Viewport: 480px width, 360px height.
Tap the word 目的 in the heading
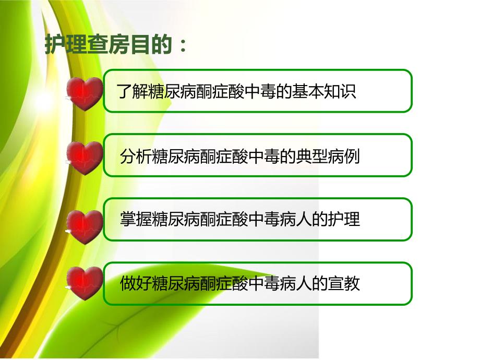click(x=152, y=46)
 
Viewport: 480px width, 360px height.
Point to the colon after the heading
click(x=182, y=47)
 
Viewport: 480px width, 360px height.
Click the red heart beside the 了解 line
click(x=85, y=93)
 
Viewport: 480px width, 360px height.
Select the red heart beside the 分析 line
click(x=85, y=158)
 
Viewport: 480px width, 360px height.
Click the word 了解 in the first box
click(x=128, y=92)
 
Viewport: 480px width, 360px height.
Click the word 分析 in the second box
click(x=131, y=156)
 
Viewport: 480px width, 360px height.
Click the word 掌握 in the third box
click(x=131, y=220)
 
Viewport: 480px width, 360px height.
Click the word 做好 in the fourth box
click(x=131, y=284)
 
